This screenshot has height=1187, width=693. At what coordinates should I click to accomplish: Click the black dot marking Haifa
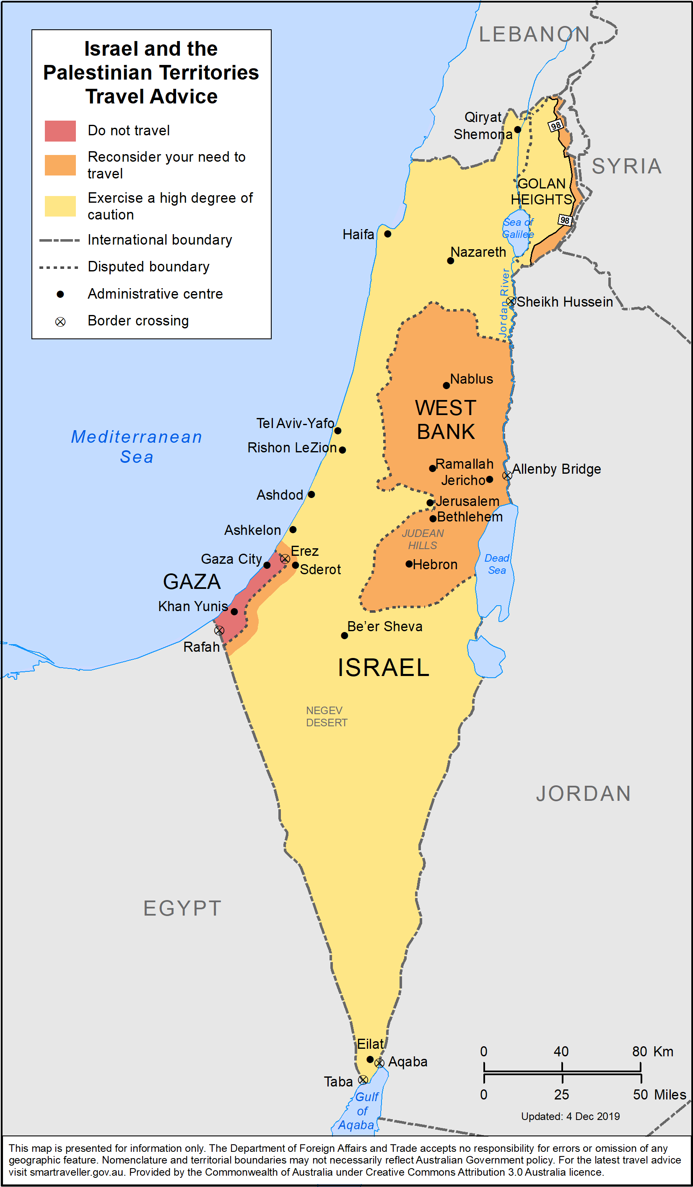coord(387,234)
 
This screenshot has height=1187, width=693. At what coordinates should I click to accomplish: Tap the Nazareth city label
coord(478,252)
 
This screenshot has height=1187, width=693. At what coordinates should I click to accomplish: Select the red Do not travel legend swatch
coord(60,131)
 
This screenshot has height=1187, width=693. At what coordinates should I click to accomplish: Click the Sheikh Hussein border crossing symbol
coord(511,301)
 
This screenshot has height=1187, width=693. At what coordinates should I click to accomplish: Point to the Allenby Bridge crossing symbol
coord(507,475)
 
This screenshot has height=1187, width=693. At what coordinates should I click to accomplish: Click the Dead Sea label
coord(496,564)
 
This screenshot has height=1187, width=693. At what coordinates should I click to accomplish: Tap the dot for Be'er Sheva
coord(345,635)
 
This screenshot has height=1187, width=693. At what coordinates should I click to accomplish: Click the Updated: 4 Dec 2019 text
coord(570,1116)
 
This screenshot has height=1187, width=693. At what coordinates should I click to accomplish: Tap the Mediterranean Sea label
coord(137,446)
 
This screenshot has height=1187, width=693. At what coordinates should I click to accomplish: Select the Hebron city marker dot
coord(409,564)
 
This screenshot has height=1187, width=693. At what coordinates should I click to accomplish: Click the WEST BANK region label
coord(446,419)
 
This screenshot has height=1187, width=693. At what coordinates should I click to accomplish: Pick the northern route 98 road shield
coord(556,125)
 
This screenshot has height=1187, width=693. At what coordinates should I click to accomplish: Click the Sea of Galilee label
coord(518,228)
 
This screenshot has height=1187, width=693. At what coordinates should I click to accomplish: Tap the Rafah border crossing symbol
coord(219,630)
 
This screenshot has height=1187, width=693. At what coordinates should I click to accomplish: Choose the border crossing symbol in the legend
coord(60,322)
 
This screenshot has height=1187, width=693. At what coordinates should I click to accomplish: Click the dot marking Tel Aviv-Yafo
coord(337,431)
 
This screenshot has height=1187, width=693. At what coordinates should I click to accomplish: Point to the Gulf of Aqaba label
coord(361,1111)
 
